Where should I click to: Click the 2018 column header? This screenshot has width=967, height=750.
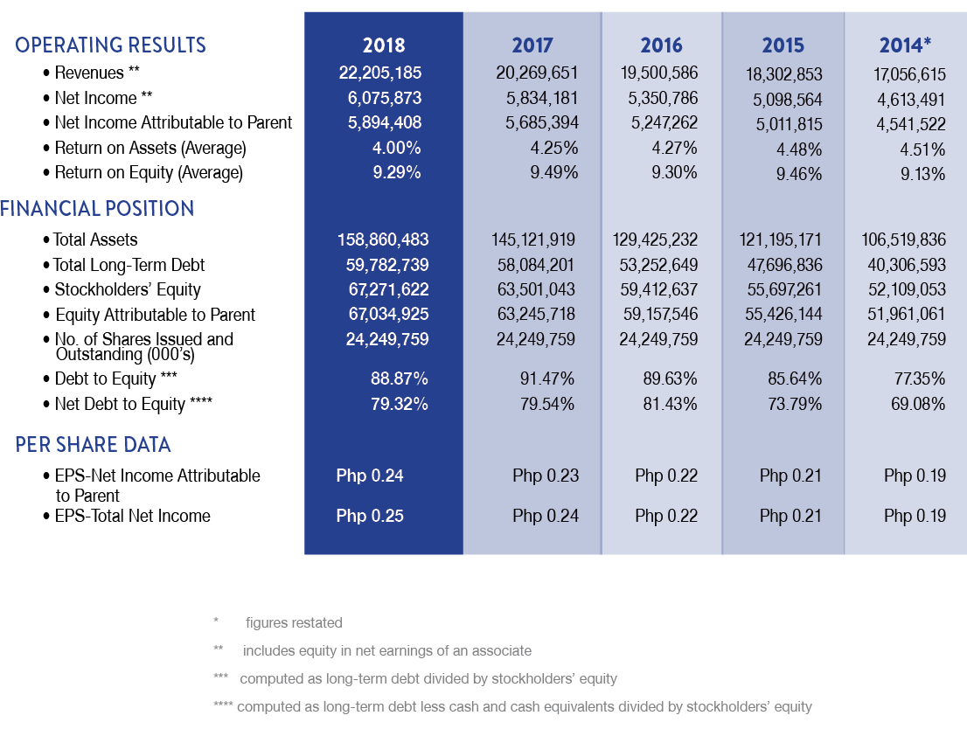click(384, 45)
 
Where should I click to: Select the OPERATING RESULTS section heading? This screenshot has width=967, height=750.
click(110, 45)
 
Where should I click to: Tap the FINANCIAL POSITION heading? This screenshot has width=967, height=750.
click(97, 209)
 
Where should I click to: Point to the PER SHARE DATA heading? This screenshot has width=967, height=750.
click(93, 445)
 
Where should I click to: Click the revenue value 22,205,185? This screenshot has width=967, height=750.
click(379, 73)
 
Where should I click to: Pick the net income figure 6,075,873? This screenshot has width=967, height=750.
click(384, 98)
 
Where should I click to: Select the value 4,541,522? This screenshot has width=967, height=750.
click(911, 125)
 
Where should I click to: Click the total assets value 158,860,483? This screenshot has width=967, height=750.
click(383, 240)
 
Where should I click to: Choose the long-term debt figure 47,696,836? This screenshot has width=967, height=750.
click(783, 265)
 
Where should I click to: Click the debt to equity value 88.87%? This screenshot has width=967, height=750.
click(400, 379)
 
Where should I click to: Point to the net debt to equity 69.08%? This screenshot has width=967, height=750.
click(917, 404)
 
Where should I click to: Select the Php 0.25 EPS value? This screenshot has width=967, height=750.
click(370, 516)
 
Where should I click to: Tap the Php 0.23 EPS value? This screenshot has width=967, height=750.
click(546, 476)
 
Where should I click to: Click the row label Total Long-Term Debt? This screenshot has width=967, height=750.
click(129, 265)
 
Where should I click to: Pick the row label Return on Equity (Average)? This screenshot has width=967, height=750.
click(149, 173)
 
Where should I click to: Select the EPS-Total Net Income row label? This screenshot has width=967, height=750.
click(132, 516)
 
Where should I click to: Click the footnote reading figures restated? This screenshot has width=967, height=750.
click(294, 623)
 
